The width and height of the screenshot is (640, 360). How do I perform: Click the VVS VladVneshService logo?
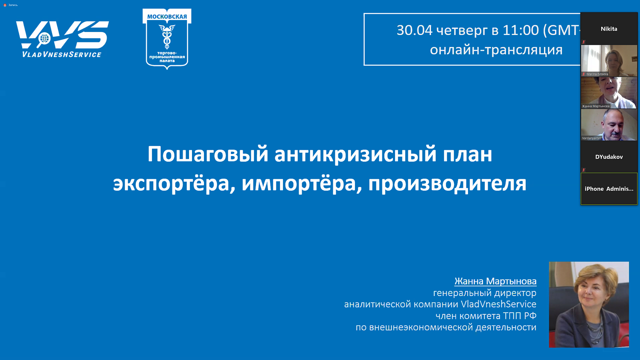(62, 39)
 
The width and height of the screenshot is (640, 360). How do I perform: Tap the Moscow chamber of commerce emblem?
(167, 39)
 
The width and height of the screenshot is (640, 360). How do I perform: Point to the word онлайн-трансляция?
(496, 50)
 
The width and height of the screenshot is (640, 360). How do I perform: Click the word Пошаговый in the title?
(208, 154)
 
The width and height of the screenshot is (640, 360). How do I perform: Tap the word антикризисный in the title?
(355, 154)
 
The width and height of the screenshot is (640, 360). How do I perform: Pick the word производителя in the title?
(447, 183)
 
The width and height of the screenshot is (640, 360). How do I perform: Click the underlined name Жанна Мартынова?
(495, 281)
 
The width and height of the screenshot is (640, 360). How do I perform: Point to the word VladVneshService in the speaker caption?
(498, 304)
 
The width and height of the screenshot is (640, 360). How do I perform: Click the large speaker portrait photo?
(589, 305)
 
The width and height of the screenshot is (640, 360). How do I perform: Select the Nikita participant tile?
(609, 29)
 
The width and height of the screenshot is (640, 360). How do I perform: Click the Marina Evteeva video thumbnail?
(609, 61)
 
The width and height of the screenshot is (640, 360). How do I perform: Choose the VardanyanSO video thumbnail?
(609, 125)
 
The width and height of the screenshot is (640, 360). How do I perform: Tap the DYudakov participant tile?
(609, 157)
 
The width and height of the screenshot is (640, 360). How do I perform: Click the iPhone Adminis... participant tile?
(609, 189)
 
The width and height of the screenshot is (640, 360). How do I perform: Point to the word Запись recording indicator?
(13, 5)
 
